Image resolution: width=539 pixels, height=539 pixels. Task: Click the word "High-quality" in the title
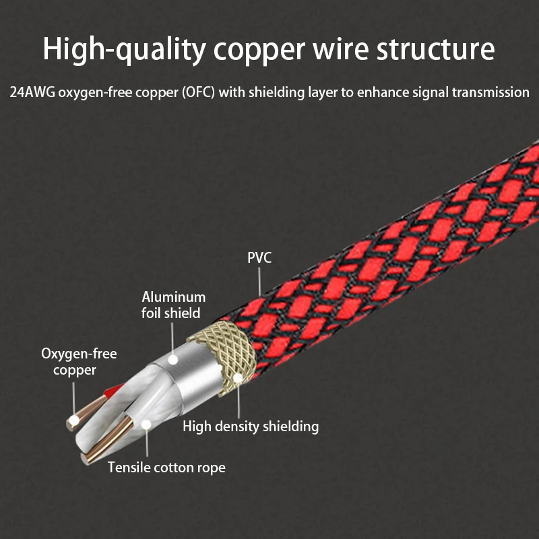[x=124, y=50]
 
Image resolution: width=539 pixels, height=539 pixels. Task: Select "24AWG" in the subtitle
[x=32, y=92]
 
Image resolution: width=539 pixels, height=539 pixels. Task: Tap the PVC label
[x=259, y=258]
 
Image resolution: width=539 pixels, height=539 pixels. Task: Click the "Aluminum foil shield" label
[x=173, y=305]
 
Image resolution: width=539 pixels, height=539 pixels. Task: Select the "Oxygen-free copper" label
[x=79, y=362]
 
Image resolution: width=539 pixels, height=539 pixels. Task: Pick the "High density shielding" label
[x=251, y=426]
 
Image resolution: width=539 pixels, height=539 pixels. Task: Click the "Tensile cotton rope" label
[x=166, y=468]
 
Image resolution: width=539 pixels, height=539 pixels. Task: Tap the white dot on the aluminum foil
[x=173, y=360]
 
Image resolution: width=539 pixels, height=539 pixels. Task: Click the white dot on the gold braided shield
[x=238, y=379]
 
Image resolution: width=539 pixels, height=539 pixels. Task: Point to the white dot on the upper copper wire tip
[x=73, y=420]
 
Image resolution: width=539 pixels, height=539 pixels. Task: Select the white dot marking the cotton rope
[x=146, y=425]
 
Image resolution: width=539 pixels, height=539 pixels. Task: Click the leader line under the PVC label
[x=259, y=281]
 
